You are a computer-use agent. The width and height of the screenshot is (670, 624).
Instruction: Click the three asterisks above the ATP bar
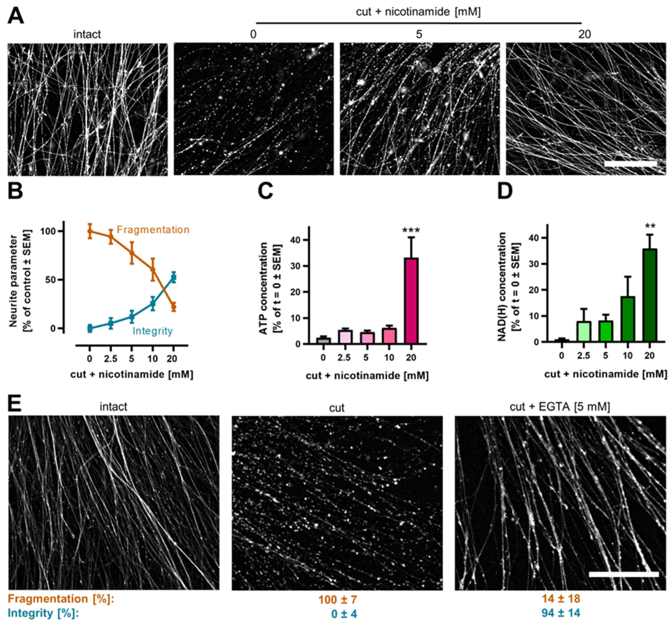pos(411,231)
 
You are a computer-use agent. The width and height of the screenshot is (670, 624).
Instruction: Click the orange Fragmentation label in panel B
pos(153,230)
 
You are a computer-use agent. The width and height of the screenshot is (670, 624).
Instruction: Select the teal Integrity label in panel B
pos(152,331)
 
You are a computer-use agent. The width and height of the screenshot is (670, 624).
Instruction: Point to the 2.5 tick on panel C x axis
pos(344,358)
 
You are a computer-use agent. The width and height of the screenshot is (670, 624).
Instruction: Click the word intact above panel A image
pos(87,34)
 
